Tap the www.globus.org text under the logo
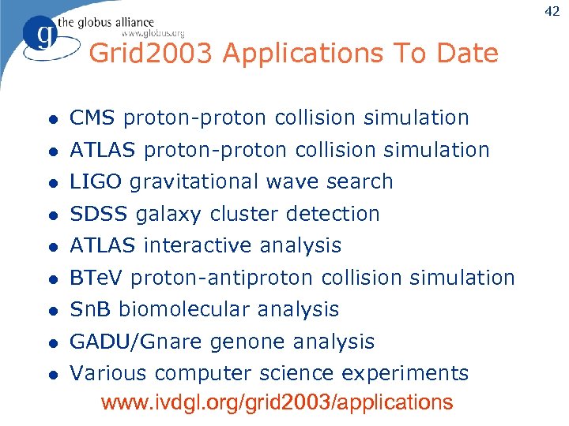[153, 33]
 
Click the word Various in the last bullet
[109, 373]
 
